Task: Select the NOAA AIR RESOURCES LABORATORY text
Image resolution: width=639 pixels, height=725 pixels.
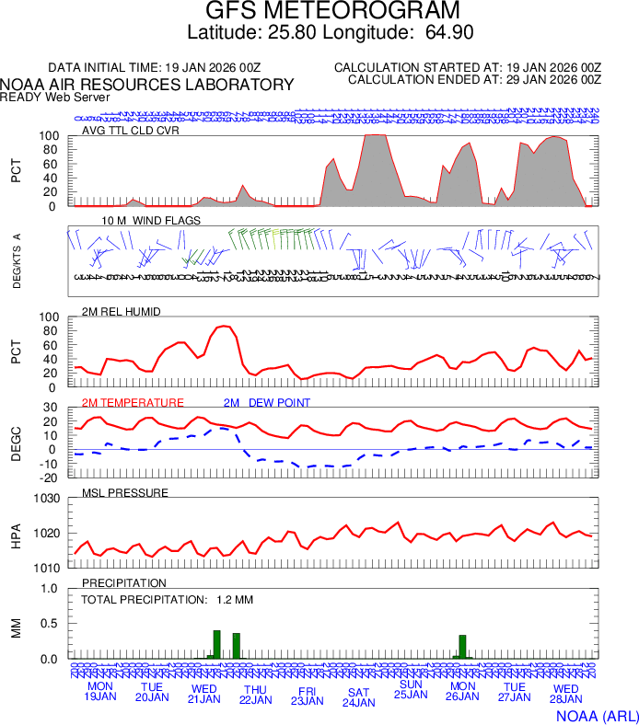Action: (x=148, y=85)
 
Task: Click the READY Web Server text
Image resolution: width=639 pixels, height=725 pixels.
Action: (x=55, y=97)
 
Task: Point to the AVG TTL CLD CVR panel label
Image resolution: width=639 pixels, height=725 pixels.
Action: (x=131, y=130)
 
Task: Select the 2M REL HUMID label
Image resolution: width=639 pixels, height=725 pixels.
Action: (x=122, y=312)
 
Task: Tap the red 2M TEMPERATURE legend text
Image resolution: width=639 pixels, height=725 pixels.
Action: (x=133, y=402)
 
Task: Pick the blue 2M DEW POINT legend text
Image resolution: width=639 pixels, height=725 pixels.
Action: (x=267, y=402)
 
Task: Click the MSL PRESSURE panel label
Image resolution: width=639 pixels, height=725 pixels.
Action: (x=125, y=492)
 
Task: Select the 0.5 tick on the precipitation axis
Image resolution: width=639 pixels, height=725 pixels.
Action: (x=52, y=624)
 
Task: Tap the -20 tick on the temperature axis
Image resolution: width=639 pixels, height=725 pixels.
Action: (x=51, y=478)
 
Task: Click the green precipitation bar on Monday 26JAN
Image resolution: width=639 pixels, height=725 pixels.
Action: (x=462, y=647)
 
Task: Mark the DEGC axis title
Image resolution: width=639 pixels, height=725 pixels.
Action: (x=16, y=442)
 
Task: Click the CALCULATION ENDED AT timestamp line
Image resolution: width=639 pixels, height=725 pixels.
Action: (x=474, y=80)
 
